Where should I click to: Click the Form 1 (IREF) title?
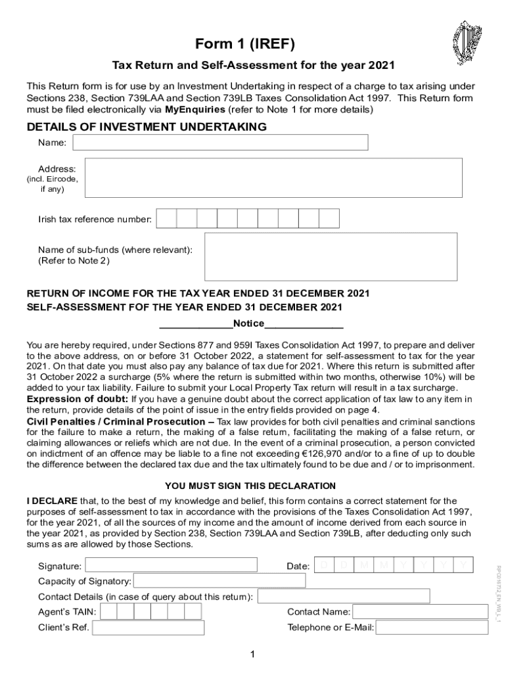tap(253, 44)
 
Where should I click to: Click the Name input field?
tap(220, 143)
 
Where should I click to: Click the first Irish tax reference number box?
tap(167, 218)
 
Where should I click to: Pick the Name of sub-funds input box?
tap(331, 257)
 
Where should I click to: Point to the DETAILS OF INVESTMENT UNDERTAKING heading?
tap(146, 127)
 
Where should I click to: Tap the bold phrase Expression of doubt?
tap(77, 398)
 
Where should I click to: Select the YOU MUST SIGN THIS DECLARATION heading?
tap(250, 486)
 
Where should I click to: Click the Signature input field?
tap(171, 565)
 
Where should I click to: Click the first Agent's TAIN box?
tap(109, 612)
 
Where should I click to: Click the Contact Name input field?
tap(420, 612)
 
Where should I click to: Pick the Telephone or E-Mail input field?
tap(432, 628)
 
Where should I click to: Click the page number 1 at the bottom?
tap(252, 654)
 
